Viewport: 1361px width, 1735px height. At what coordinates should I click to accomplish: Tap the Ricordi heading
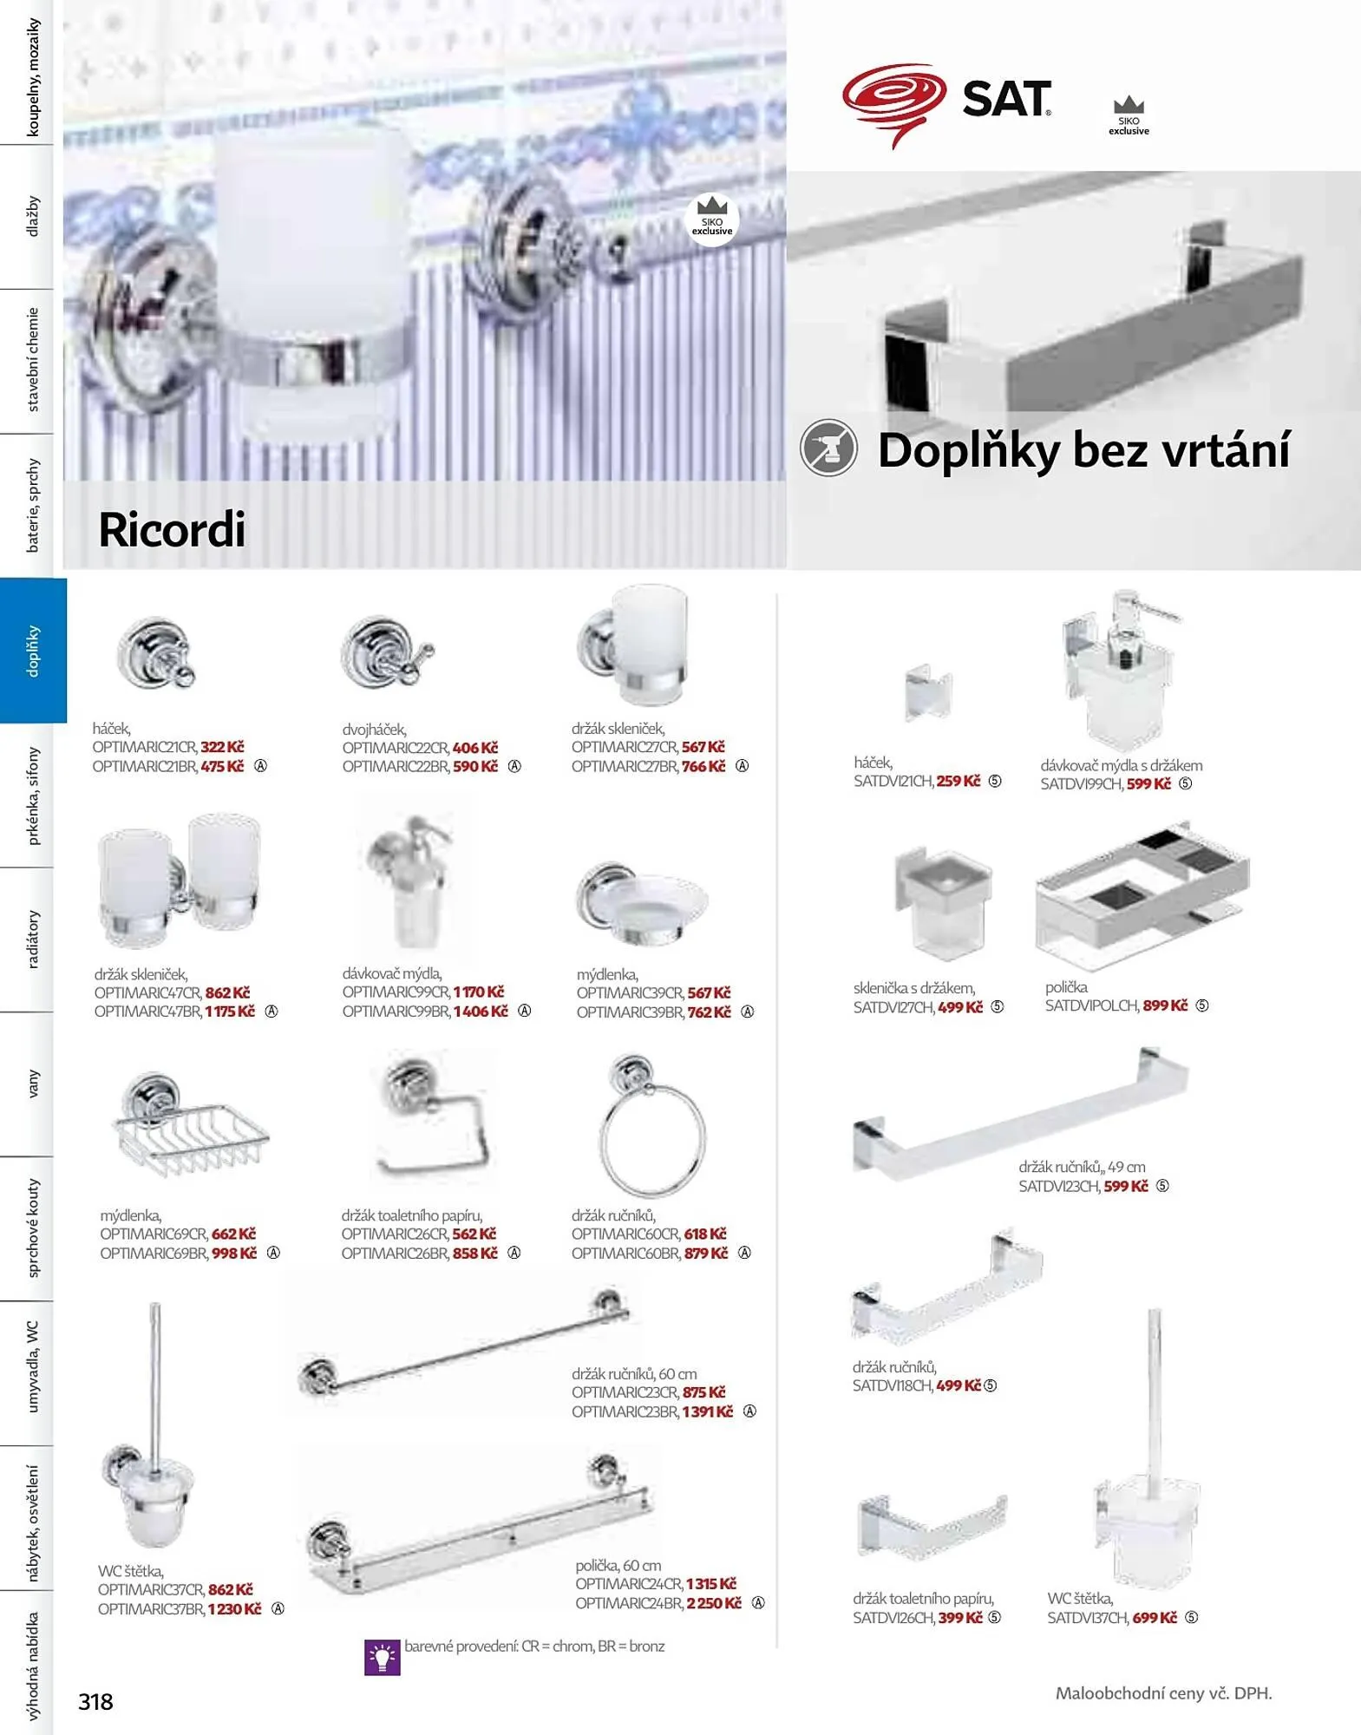pos(172,529)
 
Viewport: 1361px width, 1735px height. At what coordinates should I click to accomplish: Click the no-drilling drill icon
pos(828,448)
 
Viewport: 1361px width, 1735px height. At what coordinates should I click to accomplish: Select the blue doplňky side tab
pos(33,650)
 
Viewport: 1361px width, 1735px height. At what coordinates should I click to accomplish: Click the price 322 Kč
pos(222,747)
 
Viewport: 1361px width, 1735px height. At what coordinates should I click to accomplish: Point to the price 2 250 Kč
pos(714,1603)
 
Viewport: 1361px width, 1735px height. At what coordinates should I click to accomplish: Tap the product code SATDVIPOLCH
pos(1091,1005)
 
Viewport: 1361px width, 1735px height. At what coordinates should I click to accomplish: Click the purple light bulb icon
pos(382,1657)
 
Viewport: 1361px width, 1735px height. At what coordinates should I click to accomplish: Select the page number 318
pos(95,1702)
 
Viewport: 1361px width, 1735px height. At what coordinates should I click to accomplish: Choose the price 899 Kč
pos(1165,1005)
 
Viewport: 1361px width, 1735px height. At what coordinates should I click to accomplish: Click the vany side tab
pos(33,1084)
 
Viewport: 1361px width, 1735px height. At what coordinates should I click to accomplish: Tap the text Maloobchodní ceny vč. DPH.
pos(1163,1692)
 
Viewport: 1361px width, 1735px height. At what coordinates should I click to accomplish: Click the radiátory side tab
pos(33,940)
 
